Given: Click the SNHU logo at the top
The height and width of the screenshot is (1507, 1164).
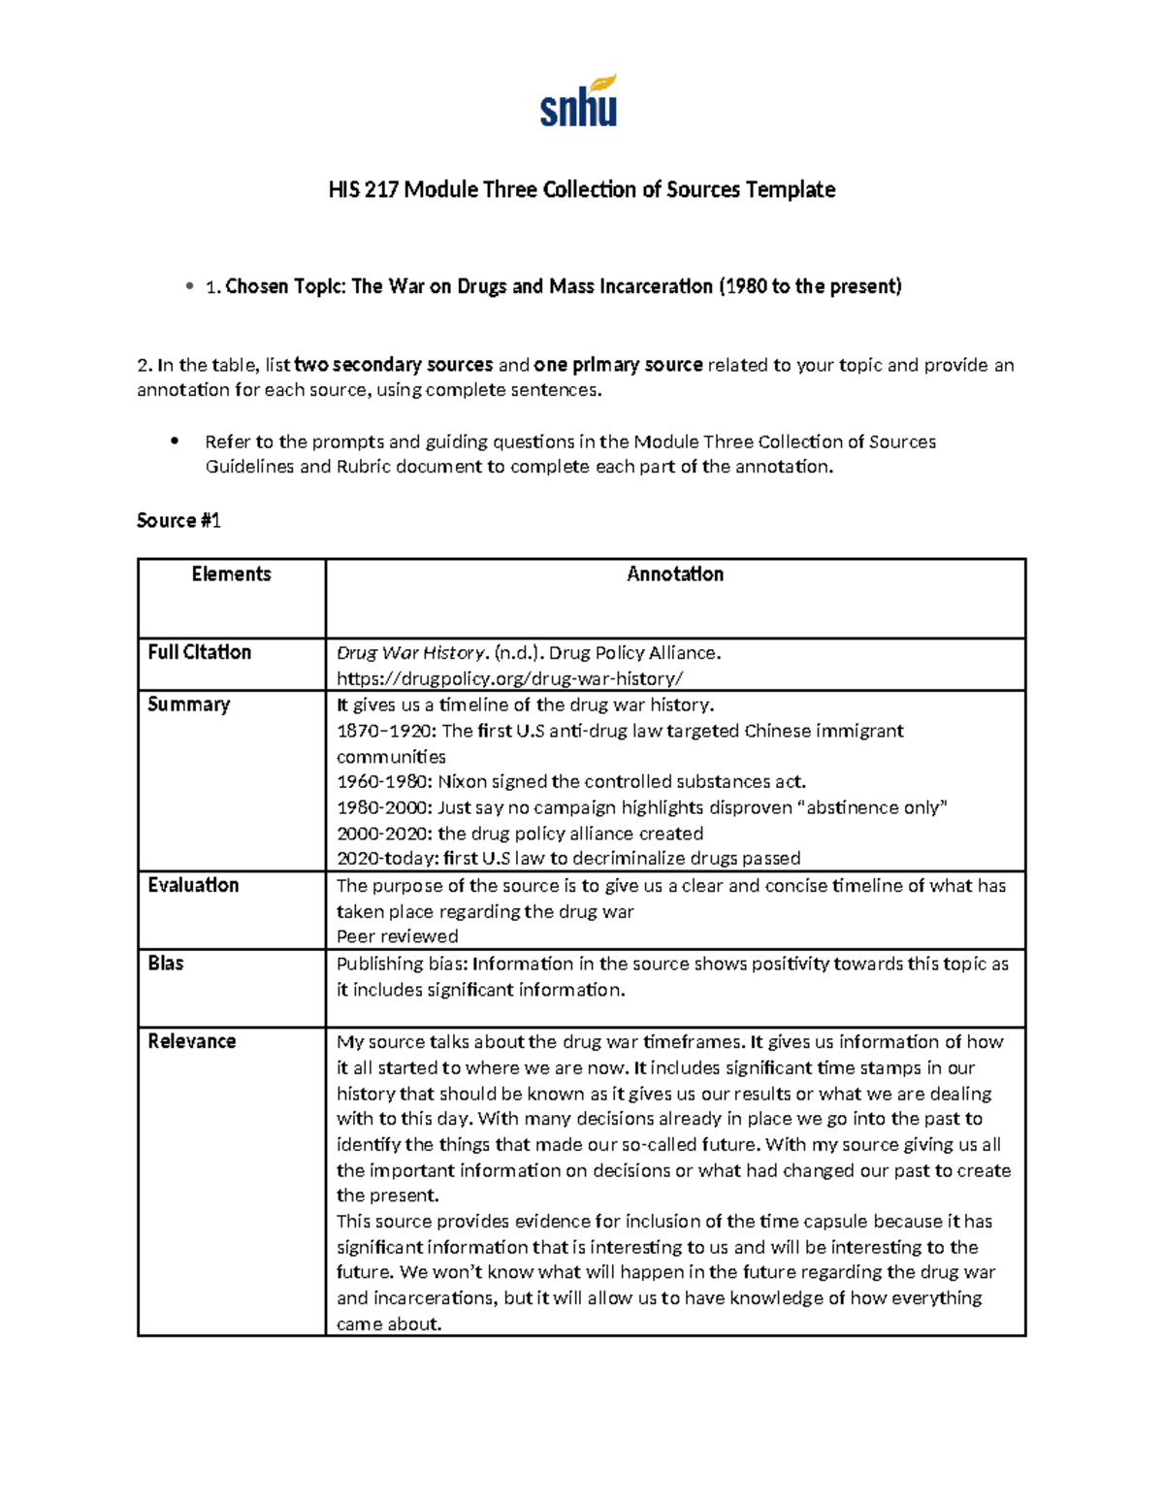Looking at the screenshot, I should [578, 103].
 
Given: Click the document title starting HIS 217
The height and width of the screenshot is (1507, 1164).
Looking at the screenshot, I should [581, 189].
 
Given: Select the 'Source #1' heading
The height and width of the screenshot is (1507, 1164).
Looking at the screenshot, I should [178, 521].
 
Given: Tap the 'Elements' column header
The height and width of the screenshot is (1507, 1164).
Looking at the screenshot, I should [231, 574].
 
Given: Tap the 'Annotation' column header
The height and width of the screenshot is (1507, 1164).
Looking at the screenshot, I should [675, 574].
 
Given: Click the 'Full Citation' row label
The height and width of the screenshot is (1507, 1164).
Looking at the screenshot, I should [199, 652].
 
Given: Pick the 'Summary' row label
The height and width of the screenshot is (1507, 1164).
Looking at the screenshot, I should [188, 704].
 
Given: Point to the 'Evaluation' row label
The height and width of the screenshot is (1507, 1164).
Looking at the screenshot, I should [193, 885].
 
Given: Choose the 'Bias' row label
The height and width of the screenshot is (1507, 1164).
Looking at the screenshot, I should [166, 963].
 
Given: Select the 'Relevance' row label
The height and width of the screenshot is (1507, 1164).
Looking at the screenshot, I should [191, 1041].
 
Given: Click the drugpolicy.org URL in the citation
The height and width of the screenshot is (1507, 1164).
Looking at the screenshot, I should [509, 678].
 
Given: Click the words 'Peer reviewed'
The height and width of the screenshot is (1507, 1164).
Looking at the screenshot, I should [397, 936].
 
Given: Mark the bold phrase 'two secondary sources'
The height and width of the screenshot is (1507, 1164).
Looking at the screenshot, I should [393, 365].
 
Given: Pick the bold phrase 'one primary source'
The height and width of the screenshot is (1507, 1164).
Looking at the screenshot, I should [618, 365].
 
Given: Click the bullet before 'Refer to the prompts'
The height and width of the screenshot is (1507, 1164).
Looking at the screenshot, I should [175, 442].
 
